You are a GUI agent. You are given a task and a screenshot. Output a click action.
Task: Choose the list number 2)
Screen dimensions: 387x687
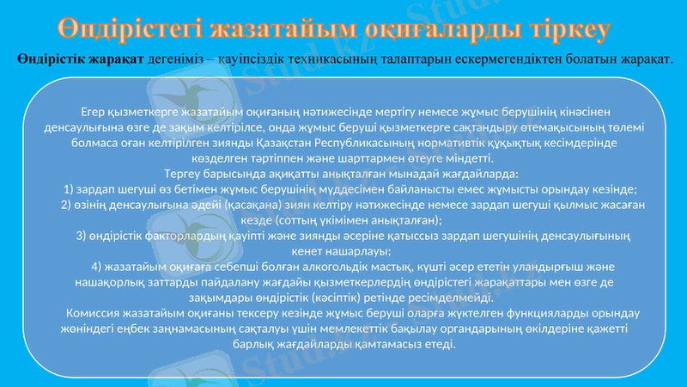click(x=68, y=205)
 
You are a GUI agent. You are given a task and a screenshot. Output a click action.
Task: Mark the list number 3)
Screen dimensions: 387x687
click(x=83, y=236)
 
